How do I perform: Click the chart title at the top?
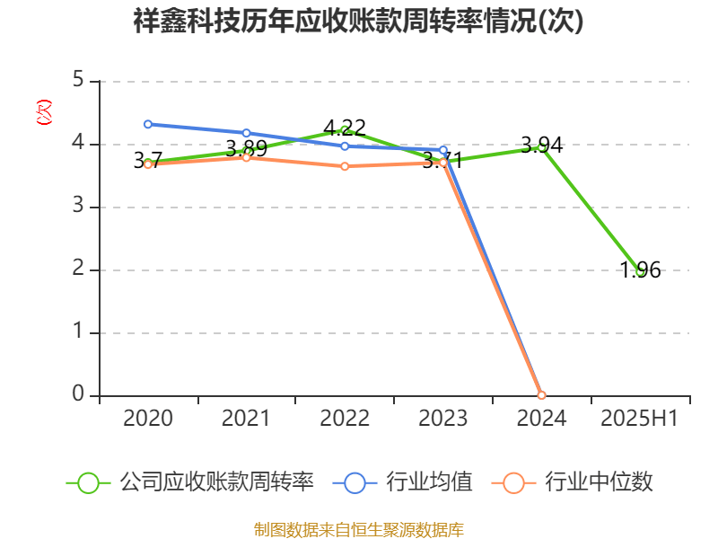coord(359,22)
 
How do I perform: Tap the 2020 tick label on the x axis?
coord(148,418)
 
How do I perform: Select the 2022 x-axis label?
coord(345,418)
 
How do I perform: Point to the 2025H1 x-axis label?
coord(639,418)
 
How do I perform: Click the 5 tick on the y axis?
coord(79,81)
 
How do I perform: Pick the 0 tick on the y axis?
coord(79,395)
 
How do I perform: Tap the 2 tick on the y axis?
coord(79,269)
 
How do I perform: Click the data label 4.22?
coord(345,128)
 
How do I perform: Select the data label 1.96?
coord(640,269)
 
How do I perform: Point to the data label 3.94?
coord(541,144)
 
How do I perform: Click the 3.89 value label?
coord(246,148)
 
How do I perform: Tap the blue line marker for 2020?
coord(148,124)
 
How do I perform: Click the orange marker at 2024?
coord(541,395)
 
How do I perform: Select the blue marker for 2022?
coord(345,146)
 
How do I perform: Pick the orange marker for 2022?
coord(345,166)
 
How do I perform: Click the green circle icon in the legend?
coord(88,482)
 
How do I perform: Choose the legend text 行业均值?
coord(429,482)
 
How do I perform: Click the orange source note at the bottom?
coord(359,529)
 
